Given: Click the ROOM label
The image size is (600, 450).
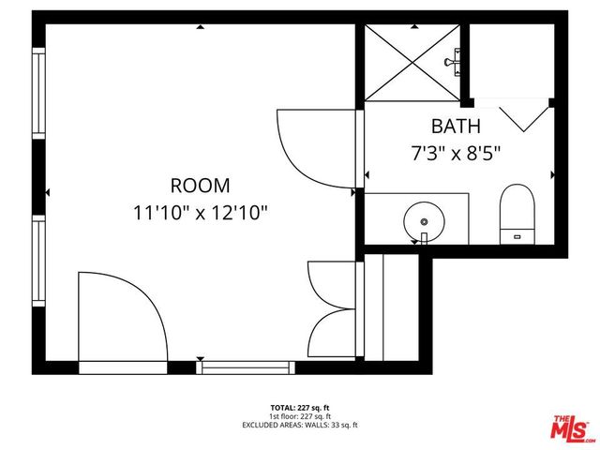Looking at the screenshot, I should [200, 186].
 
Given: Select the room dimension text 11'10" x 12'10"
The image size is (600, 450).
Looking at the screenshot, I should [200, 212].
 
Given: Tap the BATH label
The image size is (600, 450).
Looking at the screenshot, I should [456, 126].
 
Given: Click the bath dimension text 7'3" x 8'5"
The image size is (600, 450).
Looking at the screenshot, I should [456, 152].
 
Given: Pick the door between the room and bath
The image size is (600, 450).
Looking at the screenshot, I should [316, 147].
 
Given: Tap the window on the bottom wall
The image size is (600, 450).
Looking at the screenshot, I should [240, 367].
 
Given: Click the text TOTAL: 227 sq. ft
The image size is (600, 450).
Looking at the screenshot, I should [299, 408].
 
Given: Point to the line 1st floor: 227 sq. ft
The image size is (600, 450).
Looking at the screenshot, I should [299, 416].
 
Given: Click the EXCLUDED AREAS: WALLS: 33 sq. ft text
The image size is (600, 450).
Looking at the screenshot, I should [299, 425].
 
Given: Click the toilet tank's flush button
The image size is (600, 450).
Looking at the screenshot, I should [517, 236].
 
